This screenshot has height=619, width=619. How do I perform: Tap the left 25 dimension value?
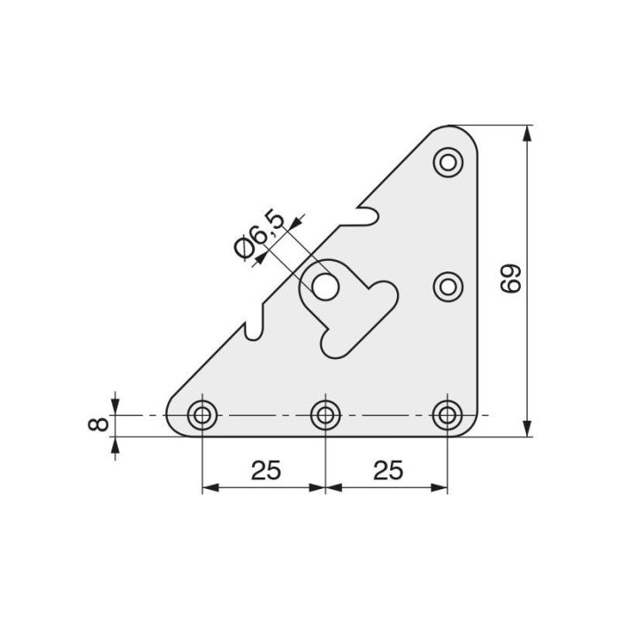click(264, 470)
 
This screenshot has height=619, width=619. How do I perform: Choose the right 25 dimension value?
click(387, 470)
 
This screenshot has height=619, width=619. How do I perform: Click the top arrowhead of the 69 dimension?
click(528, 133)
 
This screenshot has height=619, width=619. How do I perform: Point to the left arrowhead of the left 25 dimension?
click(209, 487)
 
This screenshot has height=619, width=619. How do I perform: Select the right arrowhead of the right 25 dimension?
click(442, 487)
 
